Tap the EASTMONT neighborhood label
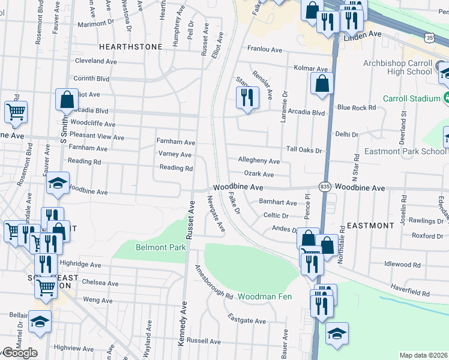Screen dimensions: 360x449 pos(370,226)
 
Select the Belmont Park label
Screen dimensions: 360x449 pos(152,247)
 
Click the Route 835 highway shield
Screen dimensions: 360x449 pos(325,187)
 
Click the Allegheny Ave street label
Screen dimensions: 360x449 pos(259,161)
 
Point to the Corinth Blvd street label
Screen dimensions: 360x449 pos(91,79)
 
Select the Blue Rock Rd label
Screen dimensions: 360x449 pos(356,107)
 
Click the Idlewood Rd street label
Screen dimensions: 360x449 pos(402,264)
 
